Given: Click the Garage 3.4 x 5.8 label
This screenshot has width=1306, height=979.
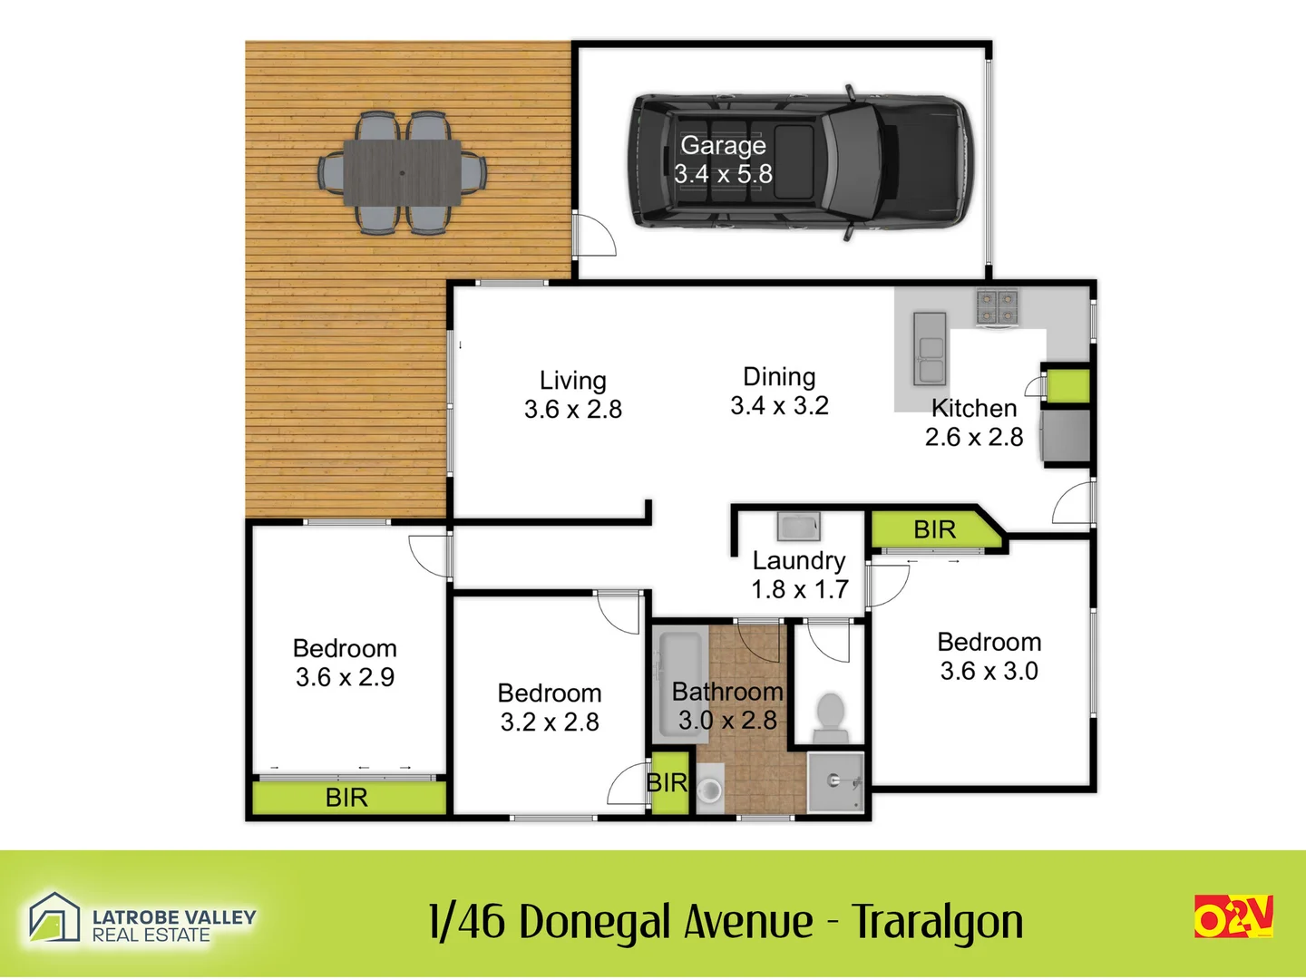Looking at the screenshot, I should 723,160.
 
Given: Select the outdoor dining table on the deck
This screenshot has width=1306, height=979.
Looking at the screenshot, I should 402,172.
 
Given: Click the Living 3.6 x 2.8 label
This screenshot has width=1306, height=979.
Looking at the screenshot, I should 572,394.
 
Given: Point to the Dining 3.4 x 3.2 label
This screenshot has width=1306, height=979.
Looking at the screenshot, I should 779,391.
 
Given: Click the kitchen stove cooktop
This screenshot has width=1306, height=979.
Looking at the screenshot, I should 998,306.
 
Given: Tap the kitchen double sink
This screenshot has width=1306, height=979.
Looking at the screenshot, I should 930,348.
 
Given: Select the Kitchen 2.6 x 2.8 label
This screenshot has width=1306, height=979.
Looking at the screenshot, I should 974,422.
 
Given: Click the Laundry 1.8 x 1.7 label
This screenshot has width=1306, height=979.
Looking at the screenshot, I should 799,575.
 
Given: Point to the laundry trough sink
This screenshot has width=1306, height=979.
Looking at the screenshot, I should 799,526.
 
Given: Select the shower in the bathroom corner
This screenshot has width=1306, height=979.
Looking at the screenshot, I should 835,780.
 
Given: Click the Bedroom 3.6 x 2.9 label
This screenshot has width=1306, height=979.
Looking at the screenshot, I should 345,663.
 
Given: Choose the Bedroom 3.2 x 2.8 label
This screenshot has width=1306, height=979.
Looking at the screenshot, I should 550,707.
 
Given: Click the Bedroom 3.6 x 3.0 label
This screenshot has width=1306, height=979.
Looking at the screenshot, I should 989,656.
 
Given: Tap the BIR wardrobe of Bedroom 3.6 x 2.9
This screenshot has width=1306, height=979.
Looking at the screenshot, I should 347,798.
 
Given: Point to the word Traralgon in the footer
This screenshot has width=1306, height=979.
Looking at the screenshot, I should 937,923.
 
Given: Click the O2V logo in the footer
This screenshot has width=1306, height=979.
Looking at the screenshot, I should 1233,916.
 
